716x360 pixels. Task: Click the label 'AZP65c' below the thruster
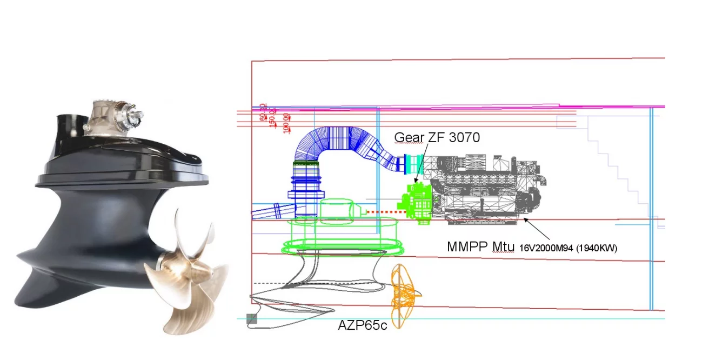pyautogui.click(x=362, y=326)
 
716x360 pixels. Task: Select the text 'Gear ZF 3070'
pyautogui.click(x=437, y=137)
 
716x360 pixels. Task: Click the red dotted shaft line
pyautogui.click(x=382, y=211)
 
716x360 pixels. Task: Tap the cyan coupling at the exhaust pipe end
pyautogui.click(x=416, y=164)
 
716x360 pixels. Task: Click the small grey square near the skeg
pyautogui.click(x=252, y=319)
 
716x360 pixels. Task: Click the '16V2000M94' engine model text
pyautogui.click(x=546, y=248)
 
